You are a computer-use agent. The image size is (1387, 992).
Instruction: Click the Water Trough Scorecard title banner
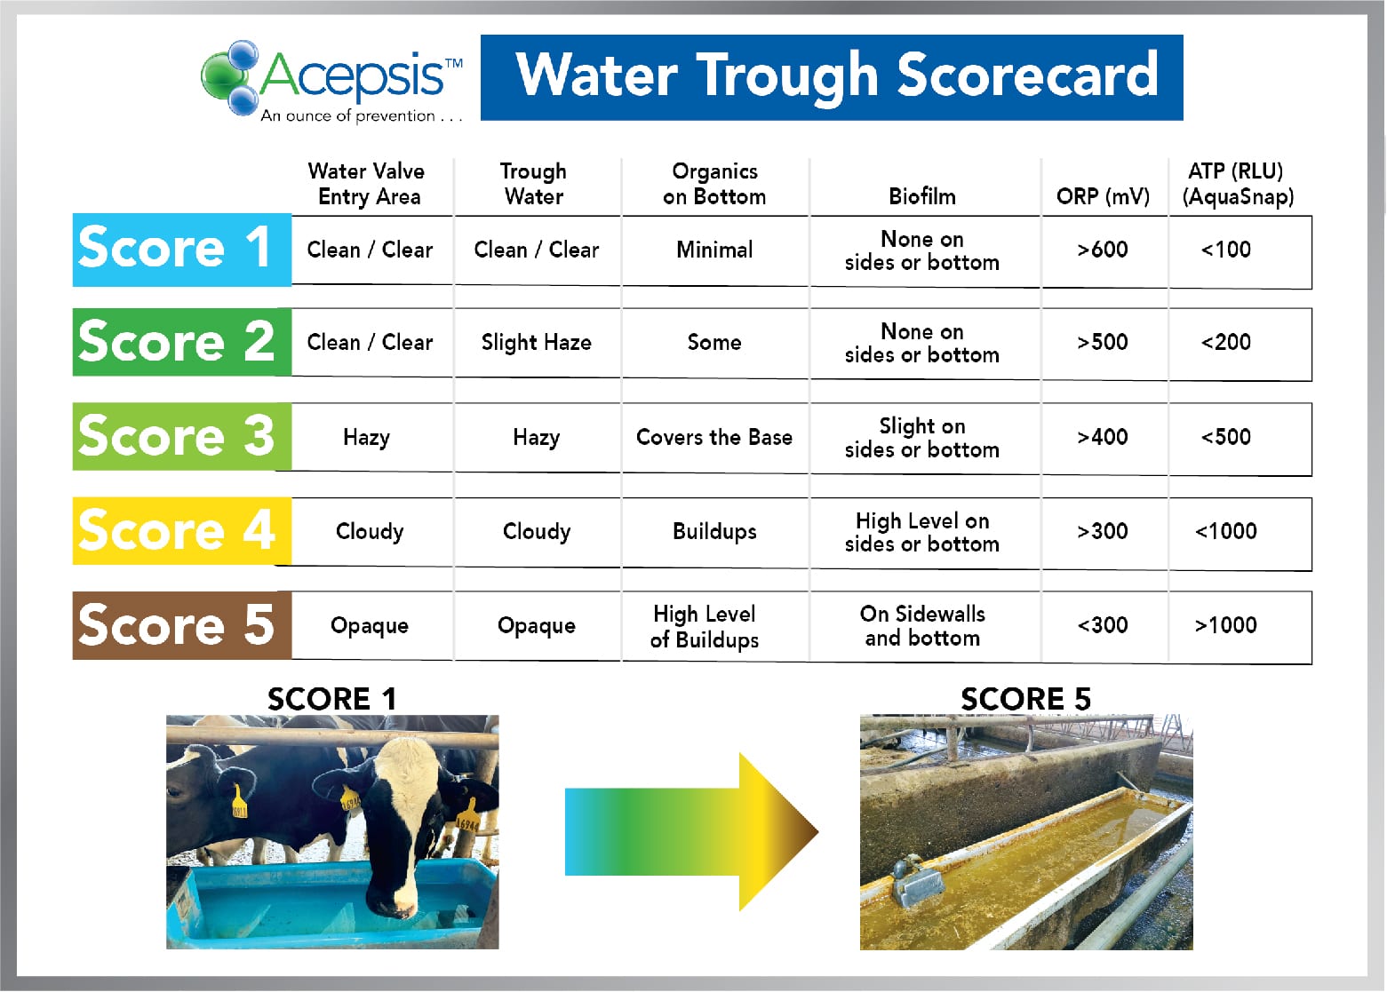pos(832,77)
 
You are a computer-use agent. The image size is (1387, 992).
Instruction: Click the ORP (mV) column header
pos(1103,196)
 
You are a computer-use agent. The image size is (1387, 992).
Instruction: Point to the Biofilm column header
pos(922,196)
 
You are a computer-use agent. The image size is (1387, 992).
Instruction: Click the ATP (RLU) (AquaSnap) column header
pos(1237,184)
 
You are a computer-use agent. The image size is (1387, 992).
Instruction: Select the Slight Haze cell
pos(536,343)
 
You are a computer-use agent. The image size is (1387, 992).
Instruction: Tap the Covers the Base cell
pos(713,437)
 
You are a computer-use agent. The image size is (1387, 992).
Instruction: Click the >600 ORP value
pos(1103,250)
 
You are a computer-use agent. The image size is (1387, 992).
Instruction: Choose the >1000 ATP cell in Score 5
pos(1226,625)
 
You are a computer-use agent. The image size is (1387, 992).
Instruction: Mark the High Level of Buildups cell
pos(705,626)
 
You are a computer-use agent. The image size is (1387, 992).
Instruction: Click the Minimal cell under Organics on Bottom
pos(713,250)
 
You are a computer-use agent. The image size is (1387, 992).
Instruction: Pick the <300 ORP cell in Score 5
pos(1103,625)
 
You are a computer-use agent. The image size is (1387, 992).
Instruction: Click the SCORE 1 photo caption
pos(331,699)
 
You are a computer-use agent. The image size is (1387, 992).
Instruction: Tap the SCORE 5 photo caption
pos(1025,699)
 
